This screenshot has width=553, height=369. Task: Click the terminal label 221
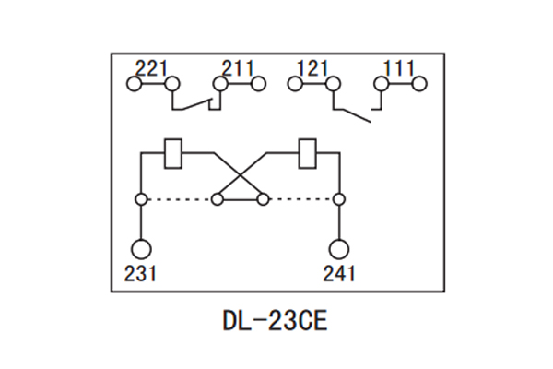153,68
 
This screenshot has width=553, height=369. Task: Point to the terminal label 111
399,68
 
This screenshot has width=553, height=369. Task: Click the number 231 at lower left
141,273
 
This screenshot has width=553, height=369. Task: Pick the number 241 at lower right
339,273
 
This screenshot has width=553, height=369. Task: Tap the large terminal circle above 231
141,249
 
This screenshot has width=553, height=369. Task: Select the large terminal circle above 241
339,249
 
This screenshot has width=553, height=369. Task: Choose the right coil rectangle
308,152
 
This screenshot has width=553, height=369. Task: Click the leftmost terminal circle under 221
134,84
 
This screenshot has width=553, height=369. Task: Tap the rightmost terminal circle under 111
419,84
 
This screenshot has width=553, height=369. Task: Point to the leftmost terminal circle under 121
295,84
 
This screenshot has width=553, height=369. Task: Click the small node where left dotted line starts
141,198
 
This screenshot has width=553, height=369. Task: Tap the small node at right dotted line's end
339,198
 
